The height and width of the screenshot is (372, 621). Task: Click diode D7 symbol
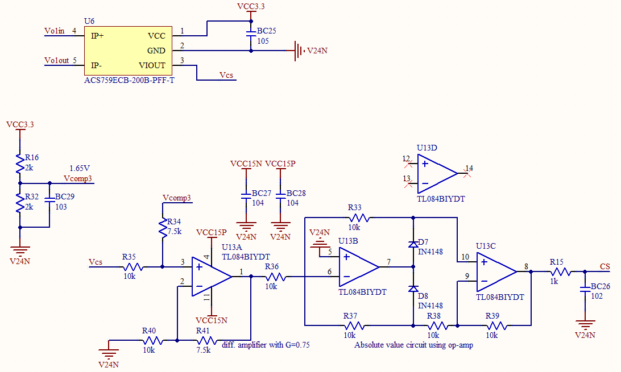pos(413,245)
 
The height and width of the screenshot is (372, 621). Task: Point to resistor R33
pos(358,217)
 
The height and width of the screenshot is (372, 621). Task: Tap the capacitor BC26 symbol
pos(585,290)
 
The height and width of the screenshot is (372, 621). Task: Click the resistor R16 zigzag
pos(20,164)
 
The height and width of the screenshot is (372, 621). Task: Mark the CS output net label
pos(605,266)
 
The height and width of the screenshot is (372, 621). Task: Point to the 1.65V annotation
pos(80,169)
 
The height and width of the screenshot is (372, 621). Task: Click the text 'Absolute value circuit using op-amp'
pos(413,345)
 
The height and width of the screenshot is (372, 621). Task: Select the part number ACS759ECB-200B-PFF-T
pos(129,80)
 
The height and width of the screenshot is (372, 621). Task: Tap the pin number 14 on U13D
pos(469,168)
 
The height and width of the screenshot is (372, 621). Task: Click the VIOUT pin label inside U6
pos(152,65)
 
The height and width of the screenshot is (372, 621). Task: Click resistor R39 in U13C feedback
pos(495,325)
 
